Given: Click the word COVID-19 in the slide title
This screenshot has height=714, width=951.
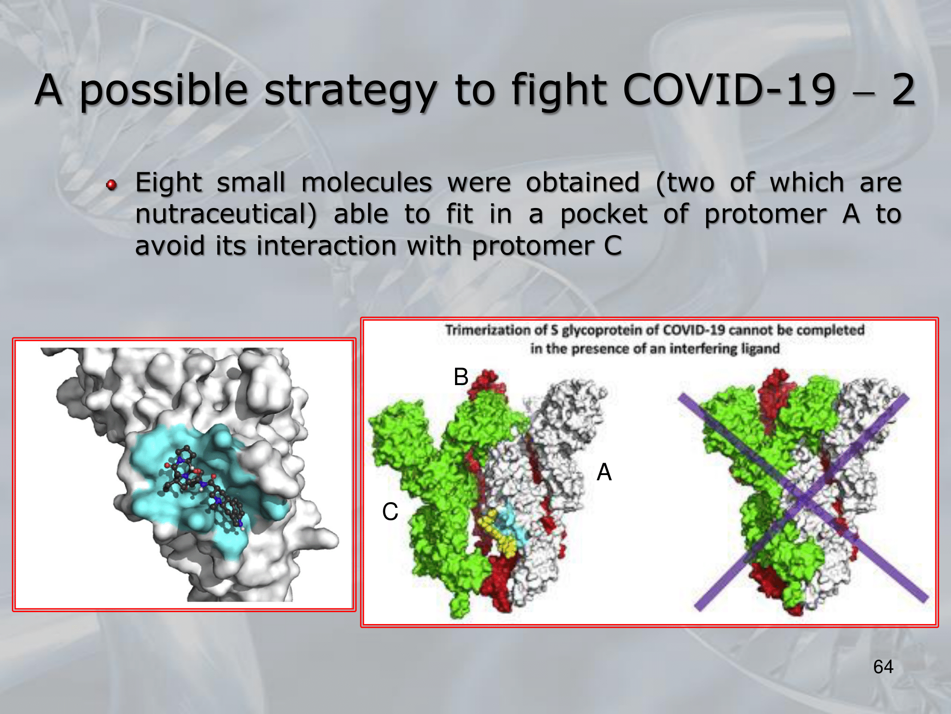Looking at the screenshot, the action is (729, 89).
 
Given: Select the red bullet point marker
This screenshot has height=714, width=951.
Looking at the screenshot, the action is (112, 185).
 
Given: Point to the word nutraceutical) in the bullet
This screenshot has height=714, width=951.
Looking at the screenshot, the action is (226, 214).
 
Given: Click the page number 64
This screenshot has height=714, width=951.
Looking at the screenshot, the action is (883, 667).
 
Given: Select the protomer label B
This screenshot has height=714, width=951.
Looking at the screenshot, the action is (461, 377).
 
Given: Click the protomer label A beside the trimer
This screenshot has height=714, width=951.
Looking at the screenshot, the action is (604, 472).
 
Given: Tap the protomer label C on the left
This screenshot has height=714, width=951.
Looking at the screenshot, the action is (390, 512).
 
